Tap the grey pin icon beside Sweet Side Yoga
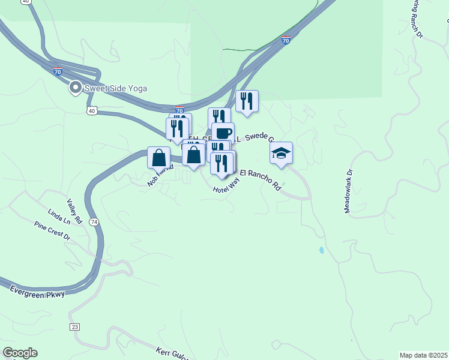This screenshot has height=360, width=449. (76, 88)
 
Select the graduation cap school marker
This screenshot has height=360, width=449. (281, 154)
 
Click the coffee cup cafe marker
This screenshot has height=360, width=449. (223, 133)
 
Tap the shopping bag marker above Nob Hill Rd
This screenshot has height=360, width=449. (159, 158)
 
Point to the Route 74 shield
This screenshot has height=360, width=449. (94, 222)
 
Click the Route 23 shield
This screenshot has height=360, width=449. (74, 326)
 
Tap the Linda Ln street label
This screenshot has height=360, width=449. (58, 217)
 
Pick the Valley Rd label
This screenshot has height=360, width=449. (73, 208)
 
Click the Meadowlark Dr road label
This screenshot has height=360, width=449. (348, 191)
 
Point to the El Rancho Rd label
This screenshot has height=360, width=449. (261, 179)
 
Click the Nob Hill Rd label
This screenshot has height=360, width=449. (160, 176)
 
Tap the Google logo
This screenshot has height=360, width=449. (20, 353)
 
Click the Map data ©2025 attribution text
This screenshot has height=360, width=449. (423, 355)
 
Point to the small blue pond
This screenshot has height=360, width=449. (322, 250)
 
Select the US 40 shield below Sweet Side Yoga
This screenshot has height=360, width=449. (91, 111)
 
